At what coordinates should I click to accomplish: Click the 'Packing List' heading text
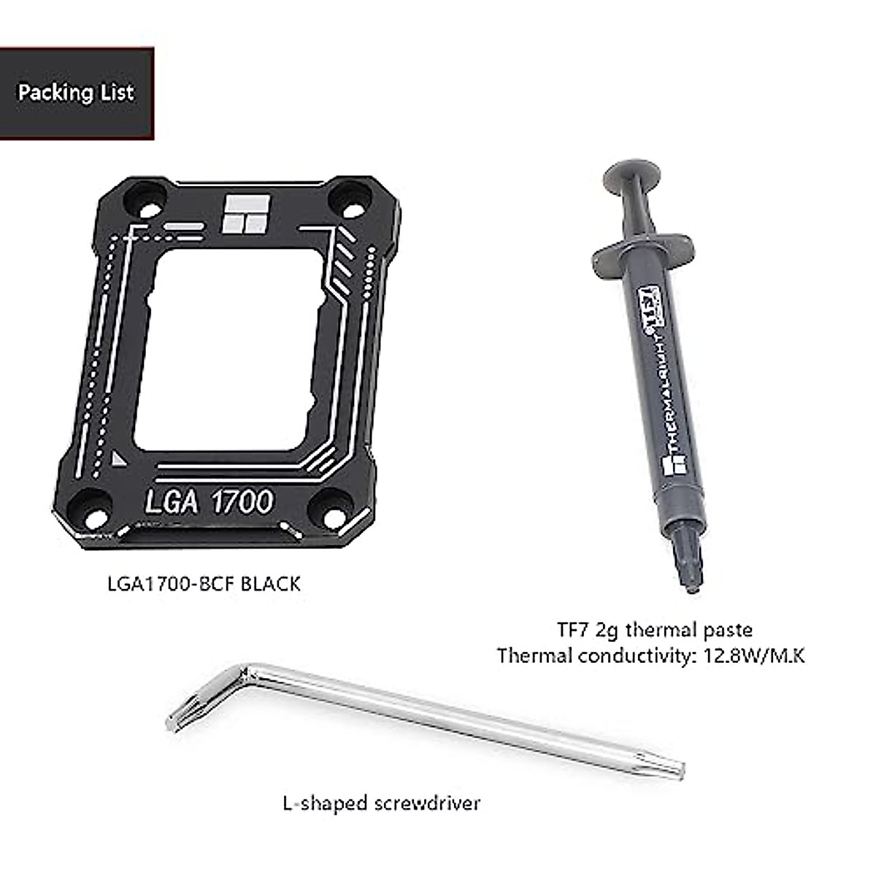pyautogui.click(x=76, y=93)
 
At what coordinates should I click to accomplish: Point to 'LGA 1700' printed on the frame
pyautogui.click(x=209, y=502)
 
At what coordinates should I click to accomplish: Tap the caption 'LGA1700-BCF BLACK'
pyautogui.click(x=204, y=584)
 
